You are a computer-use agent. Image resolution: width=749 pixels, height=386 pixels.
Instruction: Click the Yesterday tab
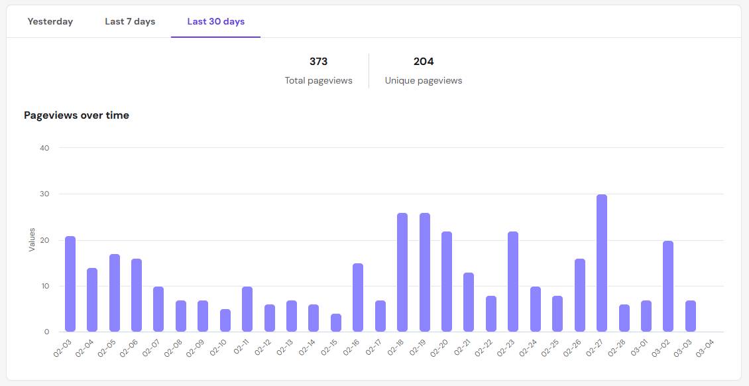(50, 22)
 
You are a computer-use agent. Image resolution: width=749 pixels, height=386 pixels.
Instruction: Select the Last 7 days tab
(130, 22)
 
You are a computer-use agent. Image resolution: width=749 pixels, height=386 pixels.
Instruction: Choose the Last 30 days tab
(215, 22)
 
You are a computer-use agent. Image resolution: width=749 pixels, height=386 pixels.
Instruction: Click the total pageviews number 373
(318, 62)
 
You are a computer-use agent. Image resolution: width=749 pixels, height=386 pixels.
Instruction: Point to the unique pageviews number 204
(424, 62)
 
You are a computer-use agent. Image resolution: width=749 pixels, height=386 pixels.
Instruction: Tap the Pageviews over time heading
(76, 115)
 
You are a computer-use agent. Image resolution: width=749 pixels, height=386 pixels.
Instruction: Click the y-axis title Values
(32, 239)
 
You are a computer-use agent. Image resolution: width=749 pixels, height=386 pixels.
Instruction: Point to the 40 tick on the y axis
(44, 148)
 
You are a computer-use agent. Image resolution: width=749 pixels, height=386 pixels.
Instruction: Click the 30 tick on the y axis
(44, 194)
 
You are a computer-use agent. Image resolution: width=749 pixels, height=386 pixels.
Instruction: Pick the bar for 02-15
(336, 323)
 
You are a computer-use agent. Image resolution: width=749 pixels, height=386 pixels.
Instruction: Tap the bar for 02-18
(402, 273)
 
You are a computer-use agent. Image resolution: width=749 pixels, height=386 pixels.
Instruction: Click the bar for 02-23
(513, 282)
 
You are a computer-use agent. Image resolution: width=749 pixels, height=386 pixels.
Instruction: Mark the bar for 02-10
(225, 320)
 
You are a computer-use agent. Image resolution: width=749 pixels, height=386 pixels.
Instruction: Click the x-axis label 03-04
(705, 348)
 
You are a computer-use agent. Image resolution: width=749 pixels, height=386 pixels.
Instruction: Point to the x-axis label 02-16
(351, 348)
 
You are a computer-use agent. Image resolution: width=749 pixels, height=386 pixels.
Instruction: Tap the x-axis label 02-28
(617, 348)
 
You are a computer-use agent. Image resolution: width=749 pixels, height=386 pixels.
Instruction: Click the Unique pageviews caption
(424, 81)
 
